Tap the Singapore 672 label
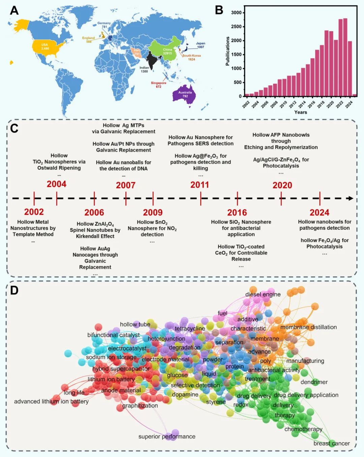158,85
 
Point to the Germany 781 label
104,25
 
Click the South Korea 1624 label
191,57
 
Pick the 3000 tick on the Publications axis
236,13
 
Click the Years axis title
300,112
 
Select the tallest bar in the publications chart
345,57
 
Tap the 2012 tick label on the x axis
292,104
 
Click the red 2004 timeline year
56,184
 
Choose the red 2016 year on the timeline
237,212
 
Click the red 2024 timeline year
319,212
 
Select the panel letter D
14,290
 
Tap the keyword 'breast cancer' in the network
331,444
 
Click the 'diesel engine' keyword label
263,294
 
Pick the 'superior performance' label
167,436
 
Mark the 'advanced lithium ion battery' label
51,401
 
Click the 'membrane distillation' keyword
308,327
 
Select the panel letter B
219,10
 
